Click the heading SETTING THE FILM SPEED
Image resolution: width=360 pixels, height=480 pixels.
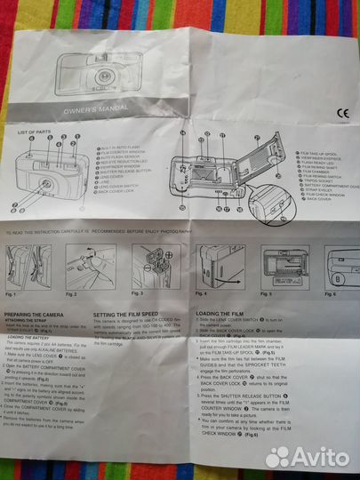click(x=131, y=315)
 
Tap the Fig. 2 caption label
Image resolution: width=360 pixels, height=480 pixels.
click(x=71, y=293)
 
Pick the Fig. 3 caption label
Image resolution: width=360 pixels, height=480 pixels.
click(x=137, y=292)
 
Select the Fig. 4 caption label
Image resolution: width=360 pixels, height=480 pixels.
click(x=202, y=292)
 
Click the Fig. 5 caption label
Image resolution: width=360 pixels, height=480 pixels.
click(x=266, y=292)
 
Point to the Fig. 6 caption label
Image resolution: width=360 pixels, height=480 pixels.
click(x=330, y=292)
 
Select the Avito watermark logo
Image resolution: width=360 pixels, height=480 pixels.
click(x=309, y=456)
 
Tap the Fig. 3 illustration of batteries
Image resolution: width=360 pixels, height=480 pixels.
click(x=156, y=265)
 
